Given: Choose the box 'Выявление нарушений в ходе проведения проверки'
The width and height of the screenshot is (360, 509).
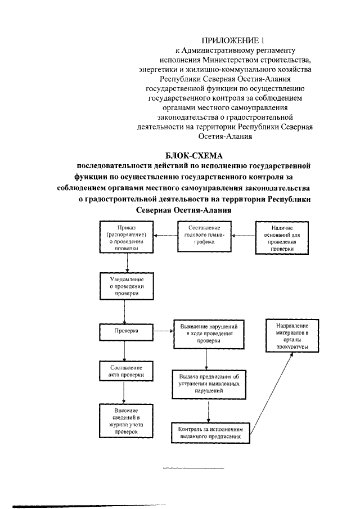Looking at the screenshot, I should [209, 334].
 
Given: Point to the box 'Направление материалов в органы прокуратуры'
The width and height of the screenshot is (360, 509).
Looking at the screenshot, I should [292, 336].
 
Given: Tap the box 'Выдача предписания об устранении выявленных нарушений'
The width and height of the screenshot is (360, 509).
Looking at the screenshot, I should [209, 383].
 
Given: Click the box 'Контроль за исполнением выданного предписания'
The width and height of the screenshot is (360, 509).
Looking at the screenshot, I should [210, 432].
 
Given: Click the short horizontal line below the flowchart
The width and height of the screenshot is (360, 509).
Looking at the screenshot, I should [193, 468].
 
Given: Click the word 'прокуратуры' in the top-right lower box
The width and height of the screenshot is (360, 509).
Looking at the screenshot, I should [292, 347].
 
